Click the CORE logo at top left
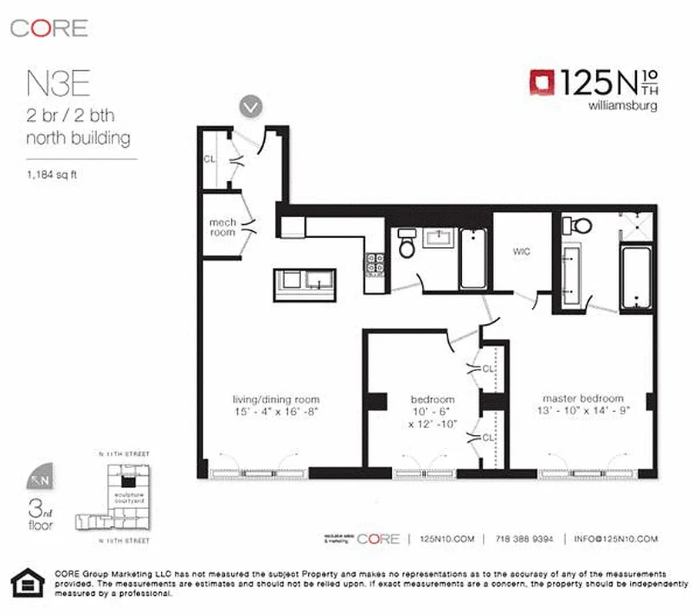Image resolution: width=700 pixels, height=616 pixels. pos(49,28)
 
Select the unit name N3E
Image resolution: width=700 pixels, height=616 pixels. pos(53,81)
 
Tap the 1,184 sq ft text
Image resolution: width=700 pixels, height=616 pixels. pos(52,173)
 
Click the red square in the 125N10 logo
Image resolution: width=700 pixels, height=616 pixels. pos(541,82)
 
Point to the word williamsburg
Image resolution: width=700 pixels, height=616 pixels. pos(622,106)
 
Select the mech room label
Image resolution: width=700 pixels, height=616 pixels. pos(223,227)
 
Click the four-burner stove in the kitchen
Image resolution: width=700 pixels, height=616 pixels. pos(375,263)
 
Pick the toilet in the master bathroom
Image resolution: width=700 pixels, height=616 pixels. pos(578,226)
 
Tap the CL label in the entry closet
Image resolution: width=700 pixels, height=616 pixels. pos(209,159)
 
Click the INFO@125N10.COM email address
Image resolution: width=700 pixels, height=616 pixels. pos(616,539)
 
